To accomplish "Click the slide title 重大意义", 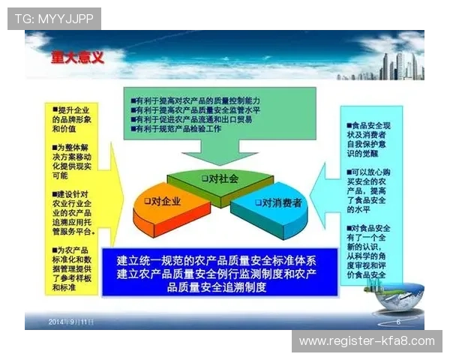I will coord(77,57).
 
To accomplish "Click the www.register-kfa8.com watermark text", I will coord(366,340).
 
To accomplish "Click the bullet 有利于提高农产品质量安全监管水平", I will coord(198,109).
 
